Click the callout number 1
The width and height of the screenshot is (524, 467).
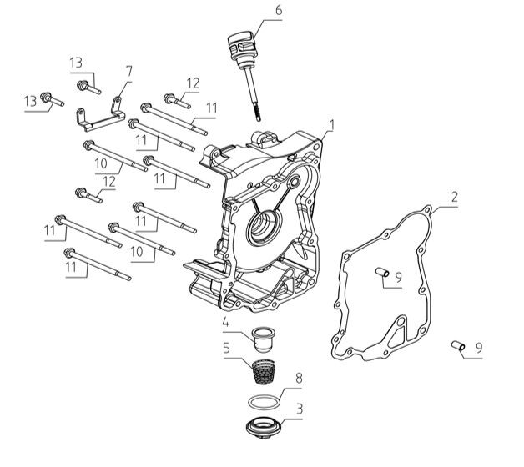332,126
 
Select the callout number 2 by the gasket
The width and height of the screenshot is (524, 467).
454,198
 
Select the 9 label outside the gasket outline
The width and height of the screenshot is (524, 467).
479,349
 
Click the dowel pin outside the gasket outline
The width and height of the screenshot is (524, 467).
457,344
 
